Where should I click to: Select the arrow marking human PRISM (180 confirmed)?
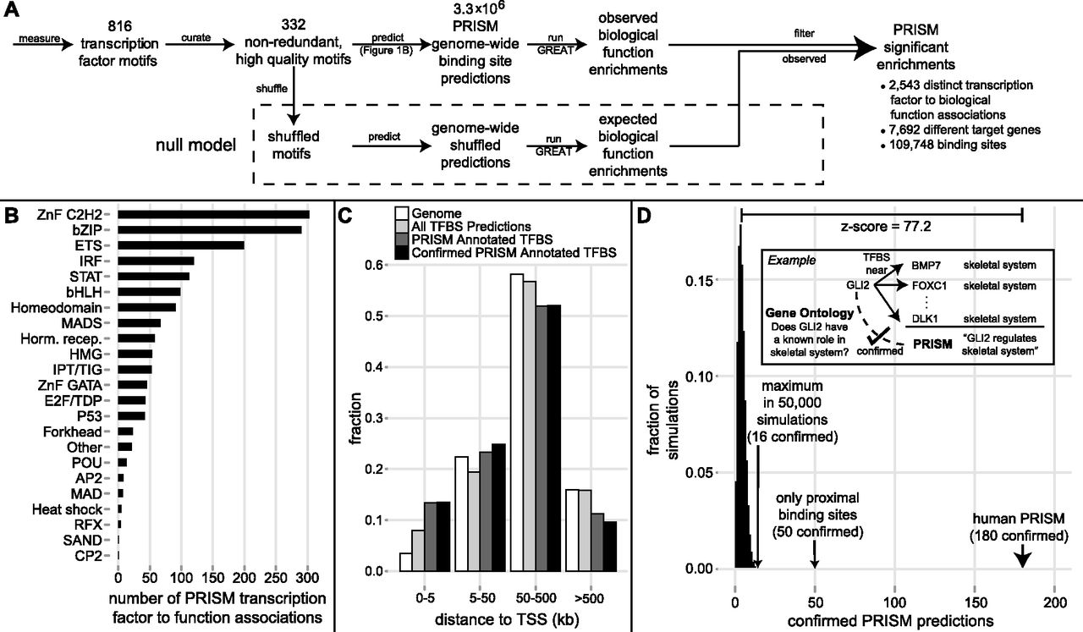1021,554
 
